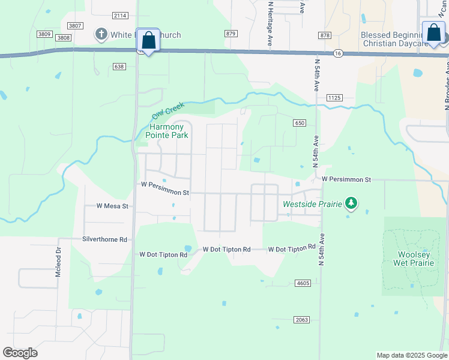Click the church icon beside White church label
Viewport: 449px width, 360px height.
[x=101, y=34]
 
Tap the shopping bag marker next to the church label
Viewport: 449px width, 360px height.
[x=148, y=40]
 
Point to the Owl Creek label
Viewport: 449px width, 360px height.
[x=166, y=110]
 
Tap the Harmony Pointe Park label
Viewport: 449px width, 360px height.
[x=167, y=131]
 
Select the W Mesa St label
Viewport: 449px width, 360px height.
[x=113, y=206]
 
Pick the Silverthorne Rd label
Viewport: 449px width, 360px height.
[x=104, y=239]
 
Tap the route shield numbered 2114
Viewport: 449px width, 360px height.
[x=120, y=15]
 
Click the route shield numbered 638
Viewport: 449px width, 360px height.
[x=119, y=67]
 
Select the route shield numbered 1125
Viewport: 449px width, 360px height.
[x=334, y=97]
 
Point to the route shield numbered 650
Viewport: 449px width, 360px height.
[x=300, y=123]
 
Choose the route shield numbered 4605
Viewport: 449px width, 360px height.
[x=302, y=283]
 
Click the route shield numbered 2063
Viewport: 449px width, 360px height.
[x=301, y=320]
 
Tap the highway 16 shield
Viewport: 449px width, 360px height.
[x=338, y=53]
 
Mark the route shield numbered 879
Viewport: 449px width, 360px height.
[x=231, y=34]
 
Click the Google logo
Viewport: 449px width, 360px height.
[x=20, y=353]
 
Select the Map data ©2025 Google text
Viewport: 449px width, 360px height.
[x=411, y=355]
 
